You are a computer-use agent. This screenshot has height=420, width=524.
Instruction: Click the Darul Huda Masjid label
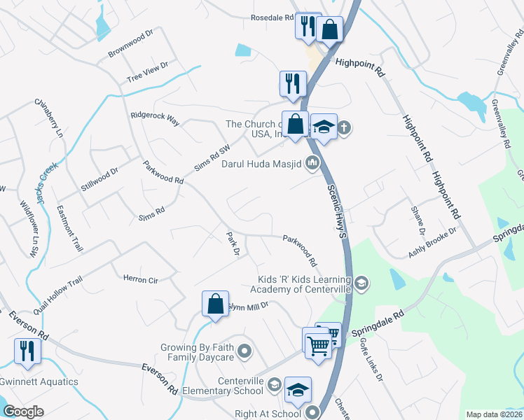pos(261,164)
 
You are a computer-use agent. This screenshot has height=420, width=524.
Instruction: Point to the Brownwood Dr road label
pos(130,43)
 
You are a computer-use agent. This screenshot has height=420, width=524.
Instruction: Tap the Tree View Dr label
pos(148,71)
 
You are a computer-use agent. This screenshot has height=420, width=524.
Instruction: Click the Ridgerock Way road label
pos(155,118)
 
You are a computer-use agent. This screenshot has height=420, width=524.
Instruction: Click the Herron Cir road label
pos(141,279)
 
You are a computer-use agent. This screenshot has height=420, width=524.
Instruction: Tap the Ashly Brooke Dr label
pos(433,241)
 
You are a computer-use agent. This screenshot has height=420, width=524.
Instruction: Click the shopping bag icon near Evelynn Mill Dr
pos(215,304)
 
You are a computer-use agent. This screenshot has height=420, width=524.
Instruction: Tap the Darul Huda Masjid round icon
pos(312,164)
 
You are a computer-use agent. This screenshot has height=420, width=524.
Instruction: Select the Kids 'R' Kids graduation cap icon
pos(361,283)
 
